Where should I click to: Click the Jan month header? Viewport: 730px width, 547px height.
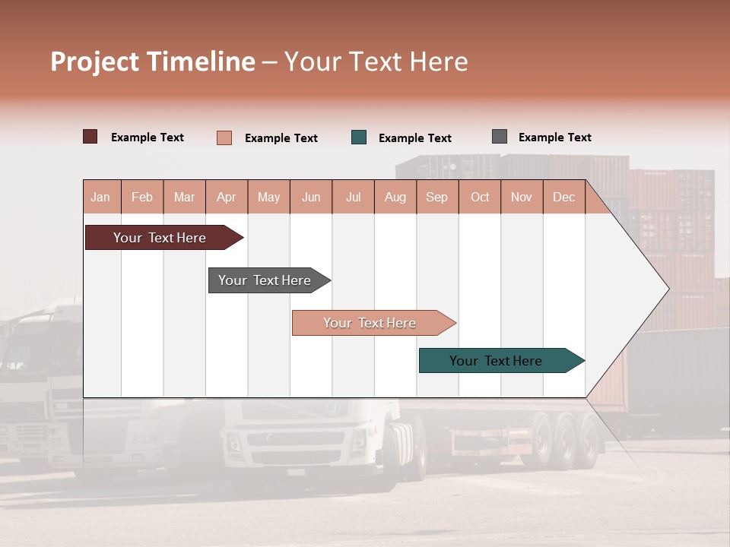[100, 197]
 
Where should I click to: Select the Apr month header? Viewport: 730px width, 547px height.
[226, 197]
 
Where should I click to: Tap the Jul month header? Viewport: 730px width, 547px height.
[353, 197]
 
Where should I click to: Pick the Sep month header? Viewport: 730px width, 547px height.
[436, 197]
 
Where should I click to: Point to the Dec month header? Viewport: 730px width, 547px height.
[563, 197]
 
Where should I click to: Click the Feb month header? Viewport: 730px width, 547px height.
[142, 197]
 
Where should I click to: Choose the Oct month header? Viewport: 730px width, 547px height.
[480, 197]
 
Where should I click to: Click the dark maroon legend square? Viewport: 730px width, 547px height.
[90, 137]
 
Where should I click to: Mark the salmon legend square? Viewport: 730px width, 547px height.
[224, 138]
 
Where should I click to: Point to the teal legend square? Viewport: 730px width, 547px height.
[359, 138]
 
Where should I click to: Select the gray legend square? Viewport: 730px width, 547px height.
[500, 137]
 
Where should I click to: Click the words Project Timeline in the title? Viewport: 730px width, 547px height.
[153, 62]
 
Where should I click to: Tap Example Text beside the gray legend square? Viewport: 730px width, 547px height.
[554, 138]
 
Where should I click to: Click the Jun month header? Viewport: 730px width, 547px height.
[311, 197]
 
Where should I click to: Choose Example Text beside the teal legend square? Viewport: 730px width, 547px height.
[414, 138]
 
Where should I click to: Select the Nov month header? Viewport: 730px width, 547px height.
[522, 197]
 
